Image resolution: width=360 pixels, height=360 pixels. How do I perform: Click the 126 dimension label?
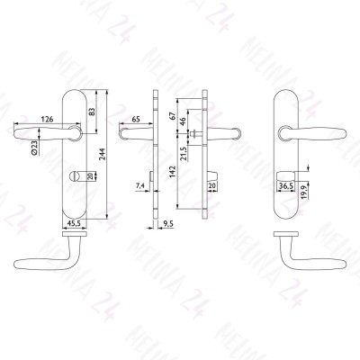click(x=47, y=119)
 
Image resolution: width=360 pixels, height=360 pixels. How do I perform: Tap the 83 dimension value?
click(x=92, y=112)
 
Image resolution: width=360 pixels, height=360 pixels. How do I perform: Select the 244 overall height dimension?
click(x=103, y=154)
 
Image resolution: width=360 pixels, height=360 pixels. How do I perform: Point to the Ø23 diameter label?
click(x=34, y=148)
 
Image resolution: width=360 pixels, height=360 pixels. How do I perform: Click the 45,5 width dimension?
click(x=75, y=223)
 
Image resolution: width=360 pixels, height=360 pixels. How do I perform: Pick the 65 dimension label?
click(x=136, y=119)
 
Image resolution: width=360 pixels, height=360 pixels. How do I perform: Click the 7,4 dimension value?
click(x=140, y=186)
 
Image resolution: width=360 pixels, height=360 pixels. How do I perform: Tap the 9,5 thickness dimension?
click(x=168, y=224)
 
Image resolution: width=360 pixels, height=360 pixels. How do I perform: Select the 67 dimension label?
click(x=172, y=116)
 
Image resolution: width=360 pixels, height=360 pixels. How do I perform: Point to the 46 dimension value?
click(x=183, y=121)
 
